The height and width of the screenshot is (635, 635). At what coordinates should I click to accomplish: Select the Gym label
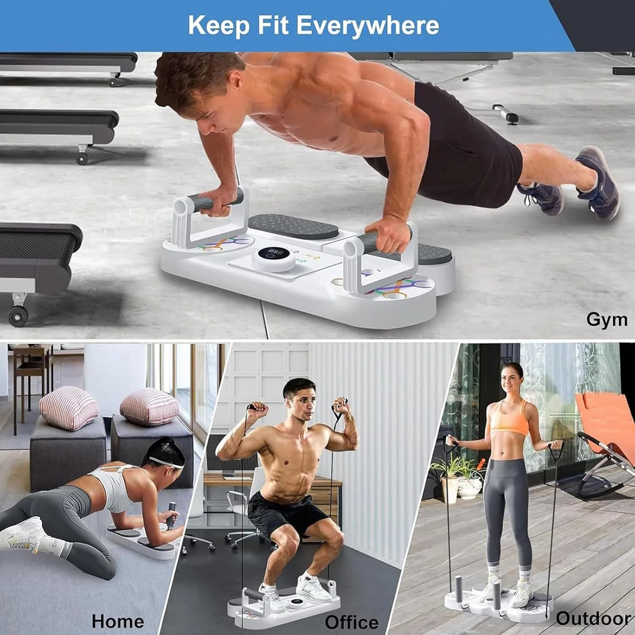point(607,320)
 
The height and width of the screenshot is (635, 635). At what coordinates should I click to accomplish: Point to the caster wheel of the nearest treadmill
point(18,316)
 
